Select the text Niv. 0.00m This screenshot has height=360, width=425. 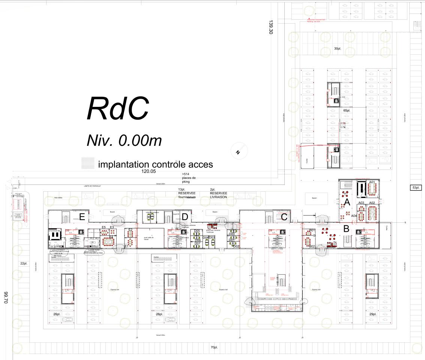click(124, 141)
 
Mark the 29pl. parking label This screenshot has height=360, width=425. click(372, 313)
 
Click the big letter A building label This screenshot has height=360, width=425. click(347, 203)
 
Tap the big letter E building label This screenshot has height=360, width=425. click(82, 217)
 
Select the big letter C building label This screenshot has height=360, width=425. click(284, 217)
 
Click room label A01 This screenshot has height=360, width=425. click(372, 182)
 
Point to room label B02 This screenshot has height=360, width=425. click(312, 246)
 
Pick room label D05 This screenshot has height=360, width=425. click(197, 231)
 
